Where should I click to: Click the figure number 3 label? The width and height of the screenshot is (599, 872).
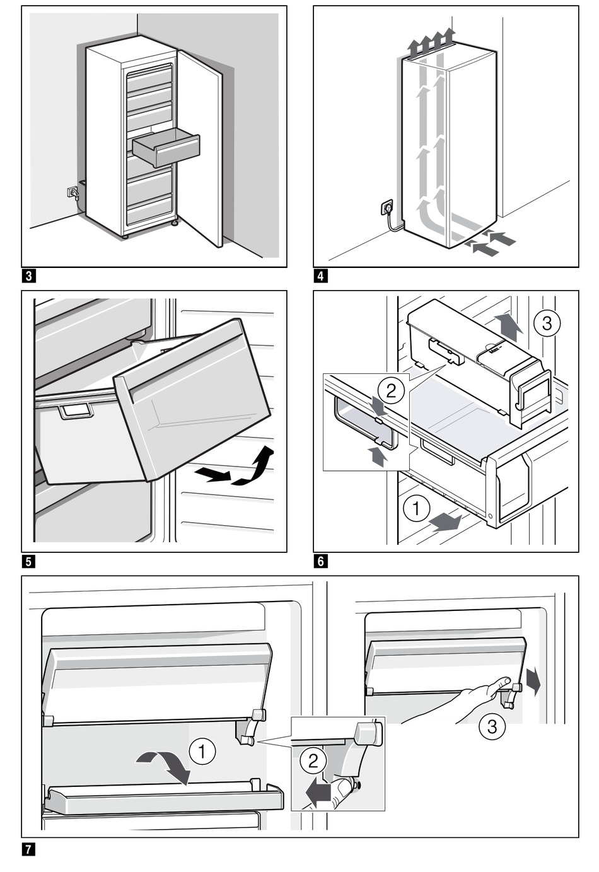click(x=28, y=276)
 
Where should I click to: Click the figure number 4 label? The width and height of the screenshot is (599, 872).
click(x=321, y=276)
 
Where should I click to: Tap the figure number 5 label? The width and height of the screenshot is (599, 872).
click(x=28, y=561)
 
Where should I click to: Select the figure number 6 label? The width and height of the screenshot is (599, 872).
click(x=321, y=561)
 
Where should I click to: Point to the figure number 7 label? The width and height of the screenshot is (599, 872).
click(x=28, y=849)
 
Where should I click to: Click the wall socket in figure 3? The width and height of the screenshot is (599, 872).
click(x=73, y=190)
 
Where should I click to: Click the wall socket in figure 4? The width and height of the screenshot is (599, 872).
click(x=387, y=206)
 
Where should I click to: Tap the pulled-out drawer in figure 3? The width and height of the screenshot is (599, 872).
click(x=166, y=148)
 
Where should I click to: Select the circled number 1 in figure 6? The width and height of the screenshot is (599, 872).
click(x=416, y=508)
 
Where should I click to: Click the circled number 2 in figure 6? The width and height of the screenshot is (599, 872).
click(x=391, y=391)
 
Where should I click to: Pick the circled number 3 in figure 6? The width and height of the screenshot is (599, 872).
click(x=546, y=323)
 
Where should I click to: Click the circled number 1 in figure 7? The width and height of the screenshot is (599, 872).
click(x=202, y=751)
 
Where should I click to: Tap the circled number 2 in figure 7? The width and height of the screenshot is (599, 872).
click(x=313, y=761)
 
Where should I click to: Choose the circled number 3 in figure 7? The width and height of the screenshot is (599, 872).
click(x=492, y=726)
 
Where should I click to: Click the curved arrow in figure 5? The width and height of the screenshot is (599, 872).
click(x=253, y=467)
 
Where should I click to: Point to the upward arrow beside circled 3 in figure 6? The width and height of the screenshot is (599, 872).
click(x=509, y=324)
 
